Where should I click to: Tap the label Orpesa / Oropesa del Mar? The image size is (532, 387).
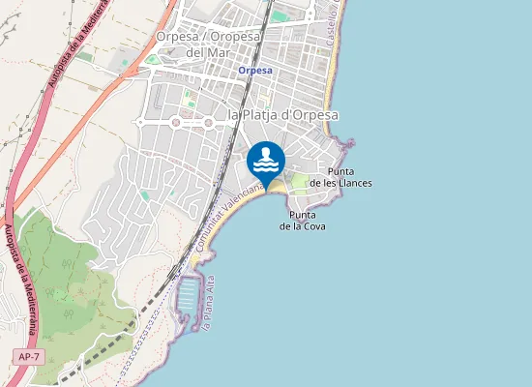tap(209, 44)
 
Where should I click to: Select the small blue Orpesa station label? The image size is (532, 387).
tap(255, 71)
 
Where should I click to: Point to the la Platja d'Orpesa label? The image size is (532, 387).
tap(282, 115)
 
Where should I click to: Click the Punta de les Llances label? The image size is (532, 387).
tap(340, 177)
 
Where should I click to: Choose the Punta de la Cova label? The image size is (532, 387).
tap(303, 221)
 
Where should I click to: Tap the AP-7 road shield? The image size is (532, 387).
tap(28, 357)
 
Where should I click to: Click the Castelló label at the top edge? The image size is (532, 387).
tap(335, 24)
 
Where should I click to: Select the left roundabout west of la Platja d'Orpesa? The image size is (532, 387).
tap(175, 123)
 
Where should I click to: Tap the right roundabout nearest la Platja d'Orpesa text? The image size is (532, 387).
tap(208, 123)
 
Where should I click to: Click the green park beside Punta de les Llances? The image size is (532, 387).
tap(300, 180)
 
